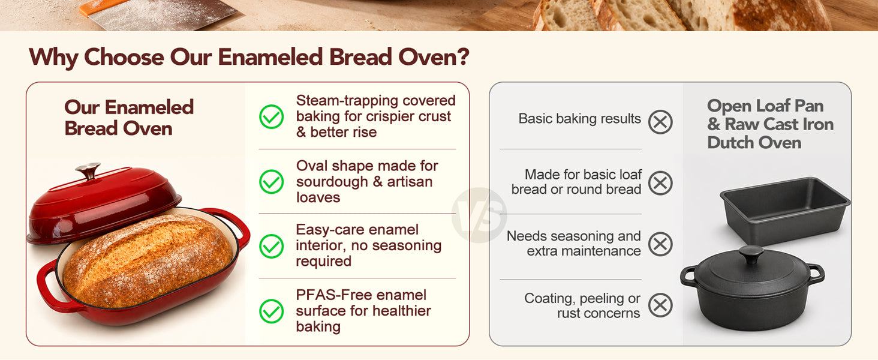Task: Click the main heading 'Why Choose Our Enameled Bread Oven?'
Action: (x=249, y=57)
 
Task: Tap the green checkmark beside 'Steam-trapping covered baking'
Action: (x=271, y=117)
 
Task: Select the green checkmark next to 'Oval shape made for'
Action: (x=271, y=182)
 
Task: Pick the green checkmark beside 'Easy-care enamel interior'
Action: (x=271, y=246)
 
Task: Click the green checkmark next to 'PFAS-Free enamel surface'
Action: (x=271, y=311)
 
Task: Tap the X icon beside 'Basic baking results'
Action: (x=660, y=122)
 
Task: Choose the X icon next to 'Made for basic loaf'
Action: (x=660, y=183)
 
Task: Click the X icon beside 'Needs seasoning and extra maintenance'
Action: (x=660, y=244)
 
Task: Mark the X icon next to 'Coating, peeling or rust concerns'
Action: (x=660, y=305)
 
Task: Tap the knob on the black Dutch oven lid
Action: (x=751, y=254)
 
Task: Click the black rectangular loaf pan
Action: (x=784, y=210)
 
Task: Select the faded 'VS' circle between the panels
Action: (x=479, y=215)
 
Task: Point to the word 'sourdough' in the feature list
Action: (x=332, y=182)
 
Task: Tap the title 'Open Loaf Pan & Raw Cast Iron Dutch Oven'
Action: (x=770, y=124)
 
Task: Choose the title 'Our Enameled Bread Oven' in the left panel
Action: (x=129, y=118)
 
